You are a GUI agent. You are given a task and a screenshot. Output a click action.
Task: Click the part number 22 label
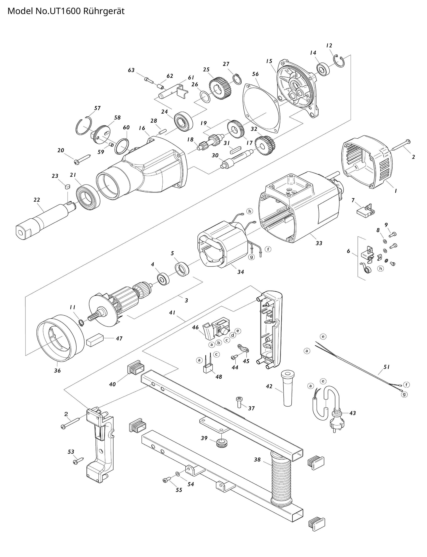click(x=37, y=200)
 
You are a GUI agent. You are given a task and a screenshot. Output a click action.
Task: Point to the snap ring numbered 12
click(x=339, y=61)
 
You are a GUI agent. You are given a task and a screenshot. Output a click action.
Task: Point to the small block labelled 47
click(x=95, y=340)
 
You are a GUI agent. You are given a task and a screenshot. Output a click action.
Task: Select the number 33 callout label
click(x=319, y=243)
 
